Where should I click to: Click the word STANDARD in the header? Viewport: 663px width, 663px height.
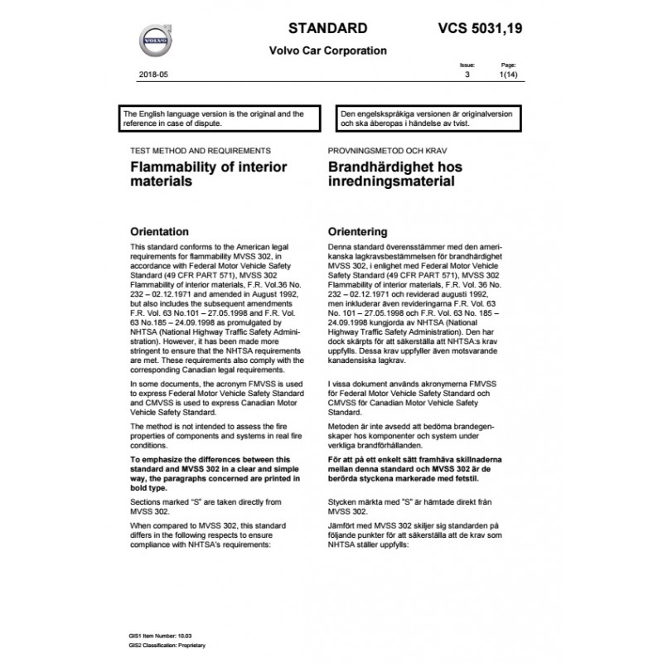315,27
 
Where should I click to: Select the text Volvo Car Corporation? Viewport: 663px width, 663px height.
327,51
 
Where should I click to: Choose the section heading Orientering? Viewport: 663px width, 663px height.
358,231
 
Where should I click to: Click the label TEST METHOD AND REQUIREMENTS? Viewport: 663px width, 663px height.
196,152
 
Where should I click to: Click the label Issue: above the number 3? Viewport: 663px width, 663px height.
467,65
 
